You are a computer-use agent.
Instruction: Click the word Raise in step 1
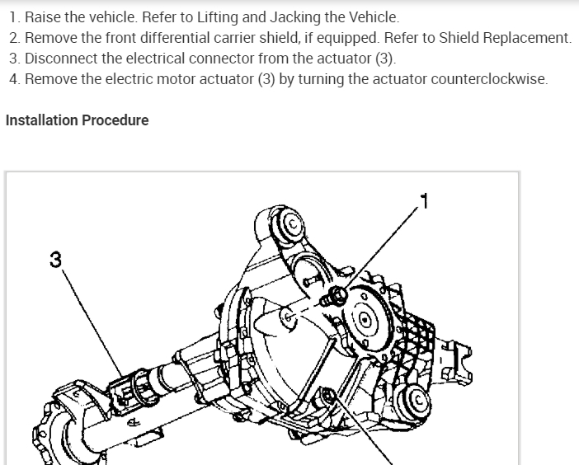42,16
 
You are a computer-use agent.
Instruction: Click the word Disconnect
60,59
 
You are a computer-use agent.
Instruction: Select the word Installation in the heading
41,120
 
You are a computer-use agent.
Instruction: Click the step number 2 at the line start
14,38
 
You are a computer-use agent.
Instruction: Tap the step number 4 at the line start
14,80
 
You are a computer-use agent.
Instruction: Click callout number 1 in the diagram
425,200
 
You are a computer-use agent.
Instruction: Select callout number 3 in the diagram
55,260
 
